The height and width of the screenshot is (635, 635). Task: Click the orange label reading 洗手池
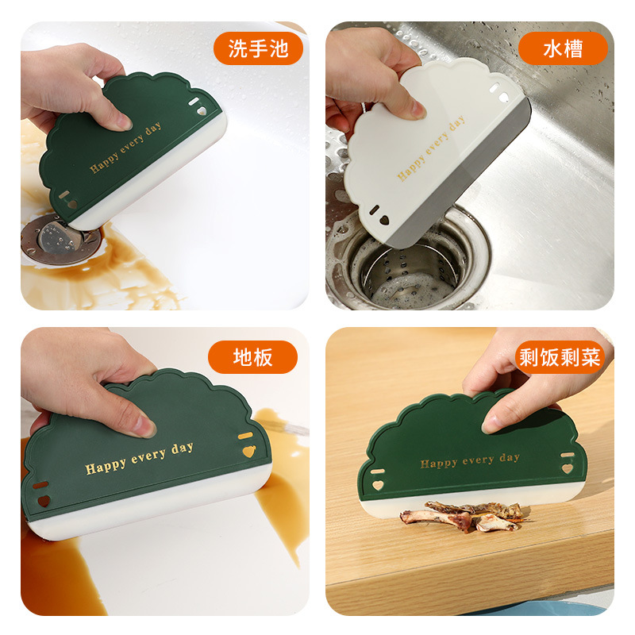tap(258, 49)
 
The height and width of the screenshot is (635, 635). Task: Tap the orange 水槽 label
tap(563, 49)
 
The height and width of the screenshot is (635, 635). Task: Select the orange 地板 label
tap(252, 357)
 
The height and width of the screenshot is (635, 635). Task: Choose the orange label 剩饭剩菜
tap(560, 357)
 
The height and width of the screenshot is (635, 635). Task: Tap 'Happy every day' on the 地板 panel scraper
tap(139, 459)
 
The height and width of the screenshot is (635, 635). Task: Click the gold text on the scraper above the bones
tap(470, 461)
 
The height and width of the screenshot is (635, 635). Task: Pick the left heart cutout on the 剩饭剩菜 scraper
tap(378, 481)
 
